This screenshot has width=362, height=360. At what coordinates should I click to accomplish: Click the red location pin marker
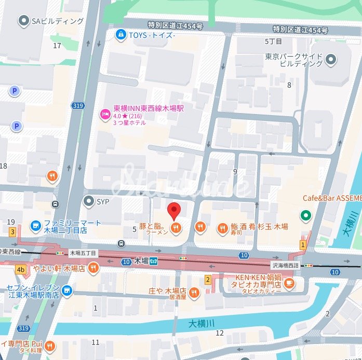point(174,211)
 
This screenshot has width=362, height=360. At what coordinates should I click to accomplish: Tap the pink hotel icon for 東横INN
point(104,113)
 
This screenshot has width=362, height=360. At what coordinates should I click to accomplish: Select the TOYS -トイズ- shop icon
point(120,34)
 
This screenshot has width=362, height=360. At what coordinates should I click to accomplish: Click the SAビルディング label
point(57,21)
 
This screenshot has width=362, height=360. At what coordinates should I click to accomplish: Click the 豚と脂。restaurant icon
point(177,227)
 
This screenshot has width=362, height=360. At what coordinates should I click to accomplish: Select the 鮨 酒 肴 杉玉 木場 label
point(259,227)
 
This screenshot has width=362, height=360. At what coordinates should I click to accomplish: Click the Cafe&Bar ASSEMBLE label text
point(332,198)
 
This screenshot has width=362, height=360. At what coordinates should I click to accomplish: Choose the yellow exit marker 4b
point(21,269)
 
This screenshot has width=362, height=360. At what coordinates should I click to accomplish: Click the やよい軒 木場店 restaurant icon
point(93,268)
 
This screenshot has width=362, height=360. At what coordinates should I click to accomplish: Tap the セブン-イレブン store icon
point(66,291)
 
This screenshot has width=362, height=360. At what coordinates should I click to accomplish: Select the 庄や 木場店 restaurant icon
point(194,293)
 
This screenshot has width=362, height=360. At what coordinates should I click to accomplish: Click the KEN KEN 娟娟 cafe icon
point(289,283)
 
